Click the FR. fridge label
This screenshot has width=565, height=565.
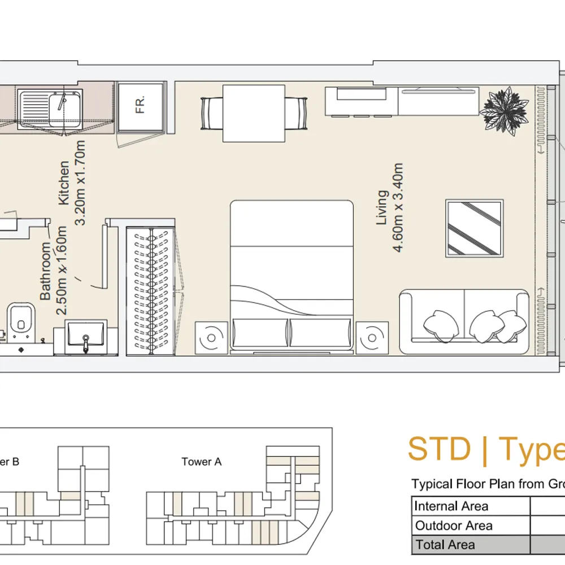[140, 105]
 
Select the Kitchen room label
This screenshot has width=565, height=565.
[64, 183]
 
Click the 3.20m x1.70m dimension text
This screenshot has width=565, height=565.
[80, 183]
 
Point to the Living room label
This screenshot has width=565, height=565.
[382, 207]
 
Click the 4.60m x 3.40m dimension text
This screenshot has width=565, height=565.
[398, 207]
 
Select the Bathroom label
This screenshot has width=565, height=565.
[45, 271]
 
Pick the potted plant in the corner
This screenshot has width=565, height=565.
[506, 111]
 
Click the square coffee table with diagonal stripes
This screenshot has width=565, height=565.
[474, 228]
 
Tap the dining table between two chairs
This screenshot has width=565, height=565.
[254, 114]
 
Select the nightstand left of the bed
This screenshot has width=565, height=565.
[211, 338]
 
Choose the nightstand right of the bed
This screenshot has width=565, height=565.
[372, 338]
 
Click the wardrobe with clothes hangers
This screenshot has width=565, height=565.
[151, 291]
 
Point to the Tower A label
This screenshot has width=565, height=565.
[202, 462]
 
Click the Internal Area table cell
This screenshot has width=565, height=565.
[471, 506]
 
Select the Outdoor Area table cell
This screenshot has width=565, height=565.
[471, 525]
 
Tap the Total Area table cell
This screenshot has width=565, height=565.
[471, 545]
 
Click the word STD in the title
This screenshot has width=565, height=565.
[439, 449]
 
